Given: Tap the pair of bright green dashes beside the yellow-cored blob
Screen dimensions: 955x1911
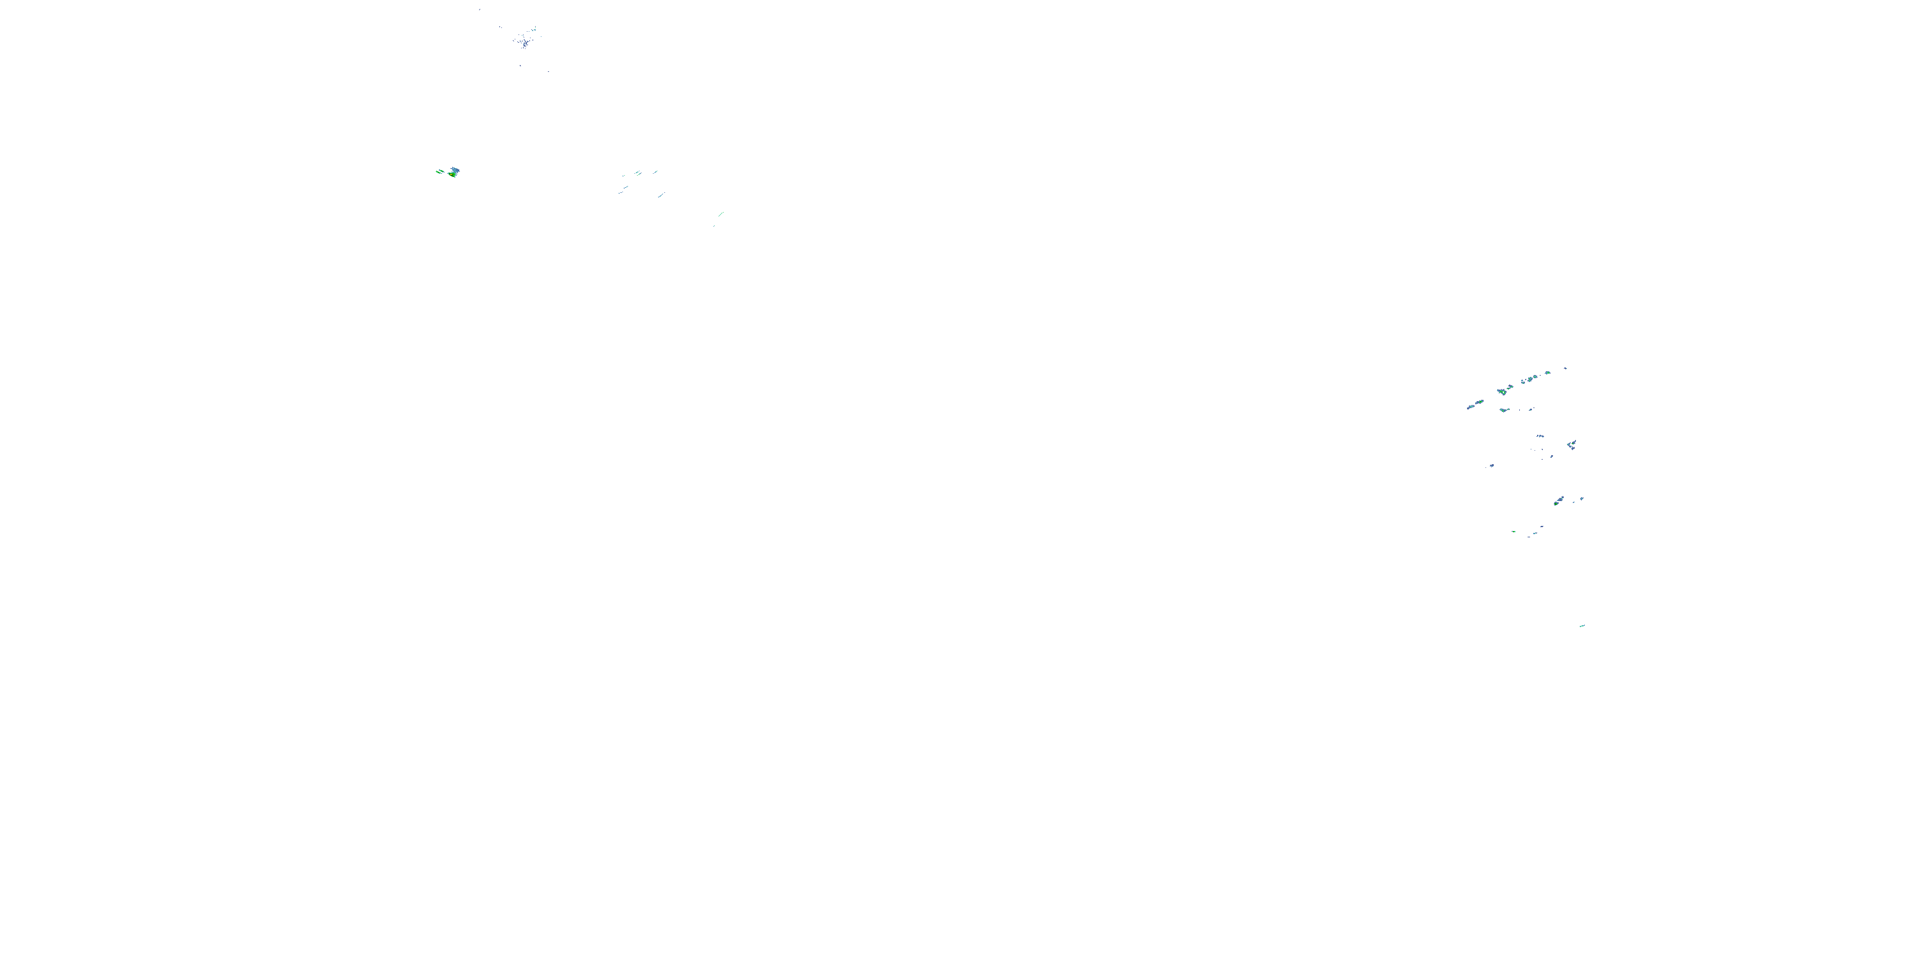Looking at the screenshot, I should [x=440, y=172].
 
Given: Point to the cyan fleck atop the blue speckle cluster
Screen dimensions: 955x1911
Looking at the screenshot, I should [x=533, y=30].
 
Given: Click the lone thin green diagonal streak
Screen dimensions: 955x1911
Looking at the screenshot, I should [x=720, y=215].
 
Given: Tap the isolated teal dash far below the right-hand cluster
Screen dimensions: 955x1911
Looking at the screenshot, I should [x=1582, y=626].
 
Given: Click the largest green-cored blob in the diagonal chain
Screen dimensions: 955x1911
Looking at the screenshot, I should [x=1502, y=391].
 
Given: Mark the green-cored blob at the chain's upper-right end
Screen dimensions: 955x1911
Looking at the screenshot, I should [x=1547, y=373].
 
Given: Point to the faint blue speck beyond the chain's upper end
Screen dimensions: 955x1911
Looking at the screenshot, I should [x=1565, y=368].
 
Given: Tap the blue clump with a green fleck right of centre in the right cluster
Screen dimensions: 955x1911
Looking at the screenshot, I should [x=1571, y=445].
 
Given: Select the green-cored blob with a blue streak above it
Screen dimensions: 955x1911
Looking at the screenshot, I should [x=1558, y=502].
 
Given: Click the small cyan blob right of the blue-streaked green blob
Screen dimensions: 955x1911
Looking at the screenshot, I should [x=1582, y=499].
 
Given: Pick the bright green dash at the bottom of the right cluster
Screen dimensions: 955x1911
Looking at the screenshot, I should [x=1514, y=531].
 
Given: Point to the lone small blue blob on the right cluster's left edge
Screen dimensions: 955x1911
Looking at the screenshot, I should [x=1491, y=465].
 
